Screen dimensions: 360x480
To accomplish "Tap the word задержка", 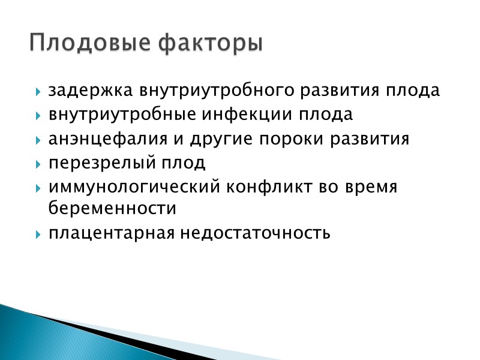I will [92, 91].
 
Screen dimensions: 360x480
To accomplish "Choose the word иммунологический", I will [135, 187].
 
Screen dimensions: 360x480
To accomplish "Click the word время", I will [371, 187].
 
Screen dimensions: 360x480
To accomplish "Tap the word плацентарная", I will [111, 232].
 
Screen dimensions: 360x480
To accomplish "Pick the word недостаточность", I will [254, 232].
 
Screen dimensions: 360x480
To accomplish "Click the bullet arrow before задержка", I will [38, 92].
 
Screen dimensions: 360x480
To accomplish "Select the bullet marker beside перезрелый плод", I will [38, 164].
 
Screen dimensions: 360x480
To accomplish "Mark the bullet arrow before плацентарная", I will [38, 233].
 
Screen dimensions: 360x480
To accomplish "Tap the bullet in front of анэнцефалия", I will [38, 140].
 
